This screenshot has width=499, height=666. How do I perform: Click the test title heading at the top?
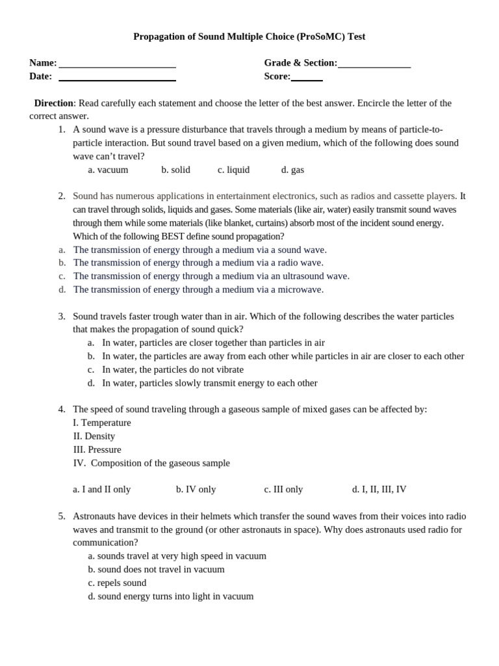click(x=249, y=36)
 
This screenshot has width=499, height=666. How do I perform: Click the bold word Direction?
click(x=53, y=103)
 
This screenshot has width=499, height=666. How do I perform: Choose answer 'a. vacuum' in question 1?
click(x=108, y=170)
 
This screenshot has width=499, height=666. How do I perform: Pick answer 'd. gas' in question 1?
click(x=292, y=170)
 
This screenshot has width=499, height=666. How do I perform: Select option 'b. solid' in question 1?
click(x=175, y=170)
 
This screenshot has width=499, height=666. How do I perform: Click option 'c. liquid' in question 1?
click(x=233, y=170)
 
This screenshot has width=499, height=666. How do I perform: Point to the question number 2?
click(x=62, y=196)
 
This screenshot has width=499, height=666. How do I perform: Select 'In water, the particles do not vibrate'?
click(x=172, y=369)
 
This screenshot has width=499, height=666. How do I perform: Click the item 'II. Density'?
click(x=94, y=436)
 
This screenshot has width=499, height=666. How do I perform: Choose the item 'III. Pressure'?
click(x=97, y=449)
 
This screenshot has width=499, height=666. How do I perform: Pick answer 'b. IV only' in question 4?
click(x=196, y=489)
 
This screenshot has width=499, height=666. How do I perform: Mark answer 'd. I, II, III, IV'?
click(x=379, y=489)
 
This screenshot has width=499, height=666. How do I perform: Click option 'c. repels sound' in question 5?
click(x=117, y=583)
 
